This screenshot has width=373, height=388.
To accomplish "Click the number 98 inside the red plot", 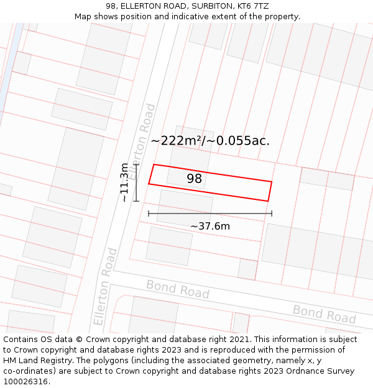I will [195, 179].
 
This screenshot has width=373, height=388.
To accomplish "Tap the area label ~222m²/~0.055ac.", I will [210, 140].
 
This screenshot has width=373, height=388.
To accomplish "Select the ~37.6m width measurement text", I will [210, 226].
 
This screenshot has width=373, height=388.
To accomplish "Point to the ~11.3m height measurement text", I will [125, 183].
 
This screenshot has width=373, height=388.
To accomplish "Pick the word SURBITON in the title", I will [206, 6].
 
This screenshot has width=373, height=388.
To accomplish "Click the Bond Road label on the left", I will [178, 289].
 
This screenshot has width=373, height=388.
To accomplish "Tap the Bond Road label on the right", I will [324, 314].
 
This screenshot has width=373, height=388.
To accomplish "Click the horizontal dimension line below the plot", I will [210, 214].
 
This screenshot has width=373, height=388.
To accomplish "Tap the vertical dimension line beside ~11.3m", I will [136, 183].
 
